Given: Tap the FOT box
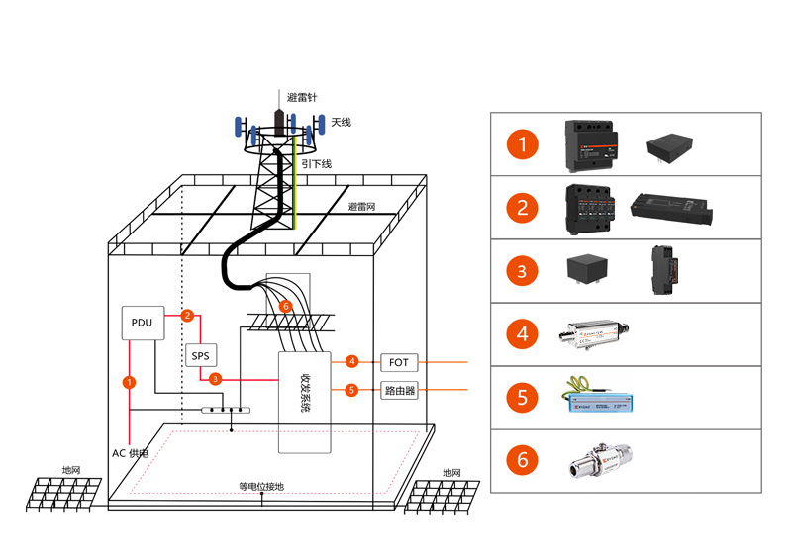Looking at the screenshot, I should (x=399, y=361).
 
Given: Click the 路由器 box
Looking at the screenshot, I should (x=399, y=390).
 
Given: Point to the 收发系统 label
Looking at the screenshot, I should (x=304, y=395).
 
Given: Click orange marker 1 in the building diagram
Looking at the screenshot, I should (x=128, y=380).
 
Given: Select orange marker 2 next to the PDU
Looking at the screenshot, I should (x=186, y=316).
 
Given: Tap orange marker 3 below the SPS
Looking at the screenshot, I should (x=216, y=378).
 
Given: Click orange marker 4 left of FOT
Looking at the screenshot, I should (x=351, y=361).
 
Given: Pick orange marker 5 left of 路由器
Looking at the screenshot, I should (x=351, y=390).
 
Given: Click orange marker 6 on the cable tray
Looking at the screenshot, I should (x=286, y=307).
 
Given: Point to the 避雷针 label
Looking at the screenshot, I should (x=302, y=98).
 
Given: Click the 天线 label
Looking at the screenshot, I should (x=342, y=123).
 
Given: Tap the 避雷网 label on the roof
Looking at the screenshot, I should (x=361, y=207).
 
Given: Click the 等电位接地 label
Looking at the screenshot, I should (x=261, y=486).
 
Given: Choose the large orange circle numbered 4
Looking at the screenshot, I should (x=522, y=331).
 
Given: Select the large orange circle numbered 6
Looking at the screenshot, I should (x=522, y=460).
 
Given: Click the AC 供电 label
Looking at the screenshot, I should (x=131, y=452).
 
